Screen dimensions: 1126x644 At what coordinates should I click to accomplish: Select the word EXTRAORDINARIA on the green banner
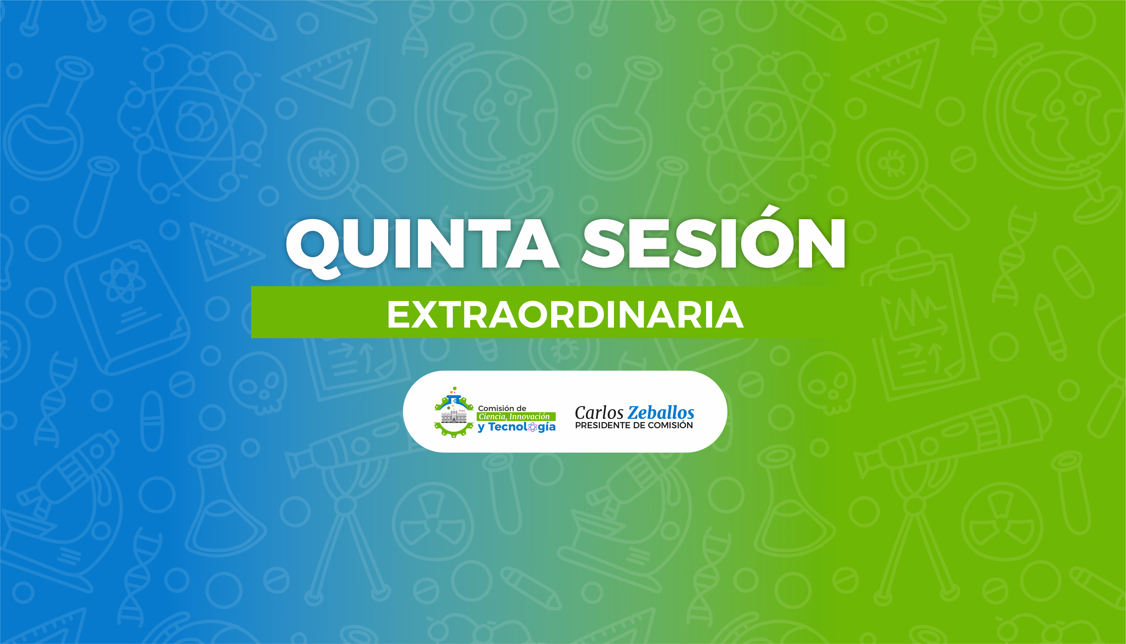click(x=565, y=315)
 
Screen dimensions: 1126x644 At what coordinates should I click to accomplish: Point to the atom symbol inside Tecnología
click(x=533, y=427)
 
